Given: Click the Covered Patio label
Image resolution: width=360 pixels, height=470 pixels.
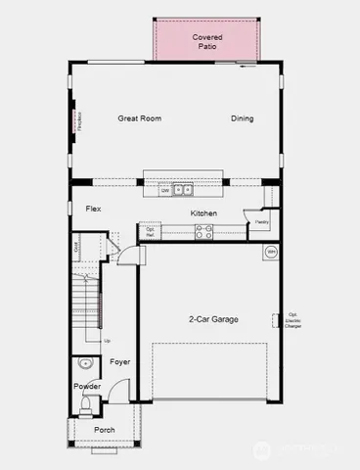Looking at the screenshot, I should pyautogui.click(x=206, y=41).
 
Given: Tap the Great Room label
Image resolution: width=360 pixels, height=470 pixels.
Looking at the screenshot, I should pyautogui.click(x=139, y=118).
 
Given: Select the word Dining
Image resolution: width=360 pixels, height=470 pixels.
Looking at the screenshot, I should pyautogui.click(x=242, y=118).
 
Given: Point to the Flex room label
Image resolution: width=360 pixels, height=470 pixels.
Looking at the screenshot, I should pyautogui.click(x=94, y=209).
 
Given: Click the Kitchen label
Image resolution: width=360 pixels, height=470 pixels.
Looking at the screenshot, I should pyautogui.click(x=203, y=213).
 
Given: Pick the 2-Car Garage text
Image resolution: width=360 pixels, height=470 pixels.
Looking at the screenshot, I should pyautogui.click(x=214, y=319).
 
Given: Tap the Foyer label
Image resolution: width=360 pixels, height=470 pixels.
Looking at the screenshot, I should pyautogui.click(x=120, y=362).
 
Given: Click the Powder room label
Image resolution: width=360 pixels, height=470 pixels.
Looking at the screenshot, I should pyautogui.click(x=87, y=386).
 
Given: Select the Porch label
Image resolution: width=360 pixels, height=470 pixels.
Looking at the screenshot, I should pyautogui.click(x=104, y=430).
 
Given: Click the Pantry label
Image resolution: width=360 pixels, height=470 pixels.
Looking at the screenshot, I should pyautogui.click(x=262, y=222).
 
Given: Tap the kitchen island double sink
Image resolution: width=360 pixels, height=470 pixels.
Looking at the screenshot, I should pyautogui.click(x=183, y=190).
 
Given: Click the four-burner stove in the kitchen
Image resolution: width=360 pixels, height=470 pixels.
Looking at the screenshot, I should pyautogui.click(x=204, y=232).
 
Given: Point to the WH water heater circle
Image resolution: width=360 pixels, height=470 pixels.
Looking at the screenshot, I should pyautogui.click(x=271, y=252).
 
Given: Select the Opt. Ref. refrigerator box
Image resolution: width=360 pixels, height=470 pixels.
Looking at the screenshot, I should pyautogui.click(x=151, y=232).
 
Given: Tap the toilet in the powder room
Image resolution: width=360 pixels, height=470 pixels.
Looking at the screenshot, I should pyautogui.click(x=85, y=402).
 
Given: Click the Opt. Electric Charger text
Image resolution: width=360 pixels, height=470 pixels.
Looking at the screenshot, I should pyautogui.click(x=292, y=319).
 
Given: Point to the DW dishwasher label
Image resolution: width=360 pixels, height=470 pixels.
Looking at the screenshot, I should pyautogui.click(x=165, y=191).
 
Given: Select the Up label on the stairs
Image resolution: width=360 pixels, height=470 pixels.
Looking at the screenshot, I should pyautogui.click(x=107, y=340).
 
